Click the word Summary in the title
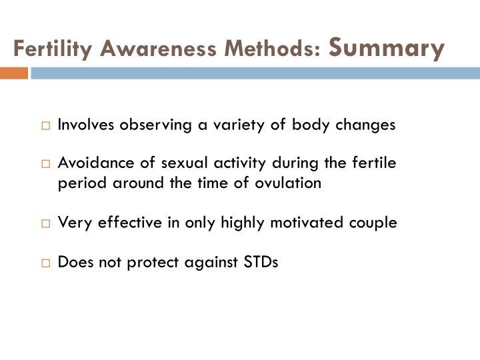tap(387, 49)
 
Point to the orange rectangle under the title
tap(13, 73)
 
